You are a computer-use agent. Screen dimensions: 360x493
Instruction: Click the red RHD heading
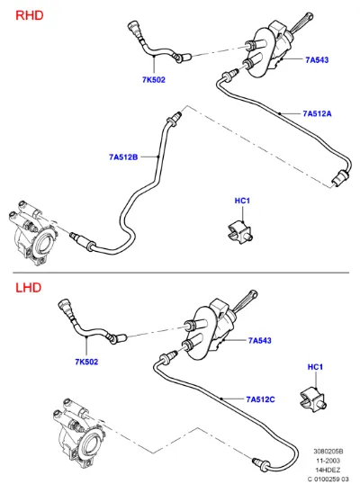[x=29, y=15]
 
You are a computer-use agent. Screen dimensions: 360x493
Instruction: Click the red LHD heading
[x=28, y=287]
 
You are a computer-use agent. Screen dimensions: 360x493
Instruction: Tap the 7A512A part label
[x=317, y=113]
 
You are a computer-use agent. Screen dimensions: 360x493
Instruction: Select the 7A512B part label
[x=123, y=157]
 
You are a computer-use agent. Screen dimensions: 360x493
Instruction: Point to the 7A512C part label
[x=260, y=399]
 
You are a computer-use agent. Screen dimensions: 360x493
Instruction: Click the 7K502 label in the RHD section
[x=153, y=80]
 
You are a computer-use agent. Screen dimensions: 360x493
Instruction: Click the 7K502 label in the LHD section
[x=86, y=362]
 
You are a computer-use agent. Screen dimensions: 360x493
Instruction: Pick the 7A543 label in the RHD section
[x=317, y=59]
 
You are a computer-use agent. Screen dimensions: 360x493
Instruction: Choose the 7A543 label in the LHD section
[x=260, y=340]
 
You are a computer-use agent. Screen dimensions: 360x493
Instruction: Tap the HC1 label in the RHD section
[x=242, y=201]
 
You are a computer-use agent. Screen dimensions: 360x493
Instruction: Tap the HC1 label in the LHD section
[x=315, y=367]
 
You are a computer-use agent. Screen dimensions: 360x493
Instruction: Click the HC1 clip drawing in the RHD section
[x=240, y=232]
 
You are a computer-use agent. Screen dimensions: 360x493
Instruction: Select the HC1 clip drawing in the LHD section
[x=313, y=400]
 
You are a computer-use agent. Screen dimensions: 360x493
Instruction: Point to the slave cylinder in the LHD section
[x=79, y=432]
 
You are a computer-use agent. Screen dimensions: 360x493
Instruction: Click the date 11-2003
[x=328, y=461]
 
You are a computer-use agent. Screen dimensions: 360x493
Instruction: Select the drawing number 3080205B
[x=328, y=452]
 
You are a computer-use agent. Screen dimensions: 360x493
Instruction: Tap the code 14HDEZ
[x=328, y=470]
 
